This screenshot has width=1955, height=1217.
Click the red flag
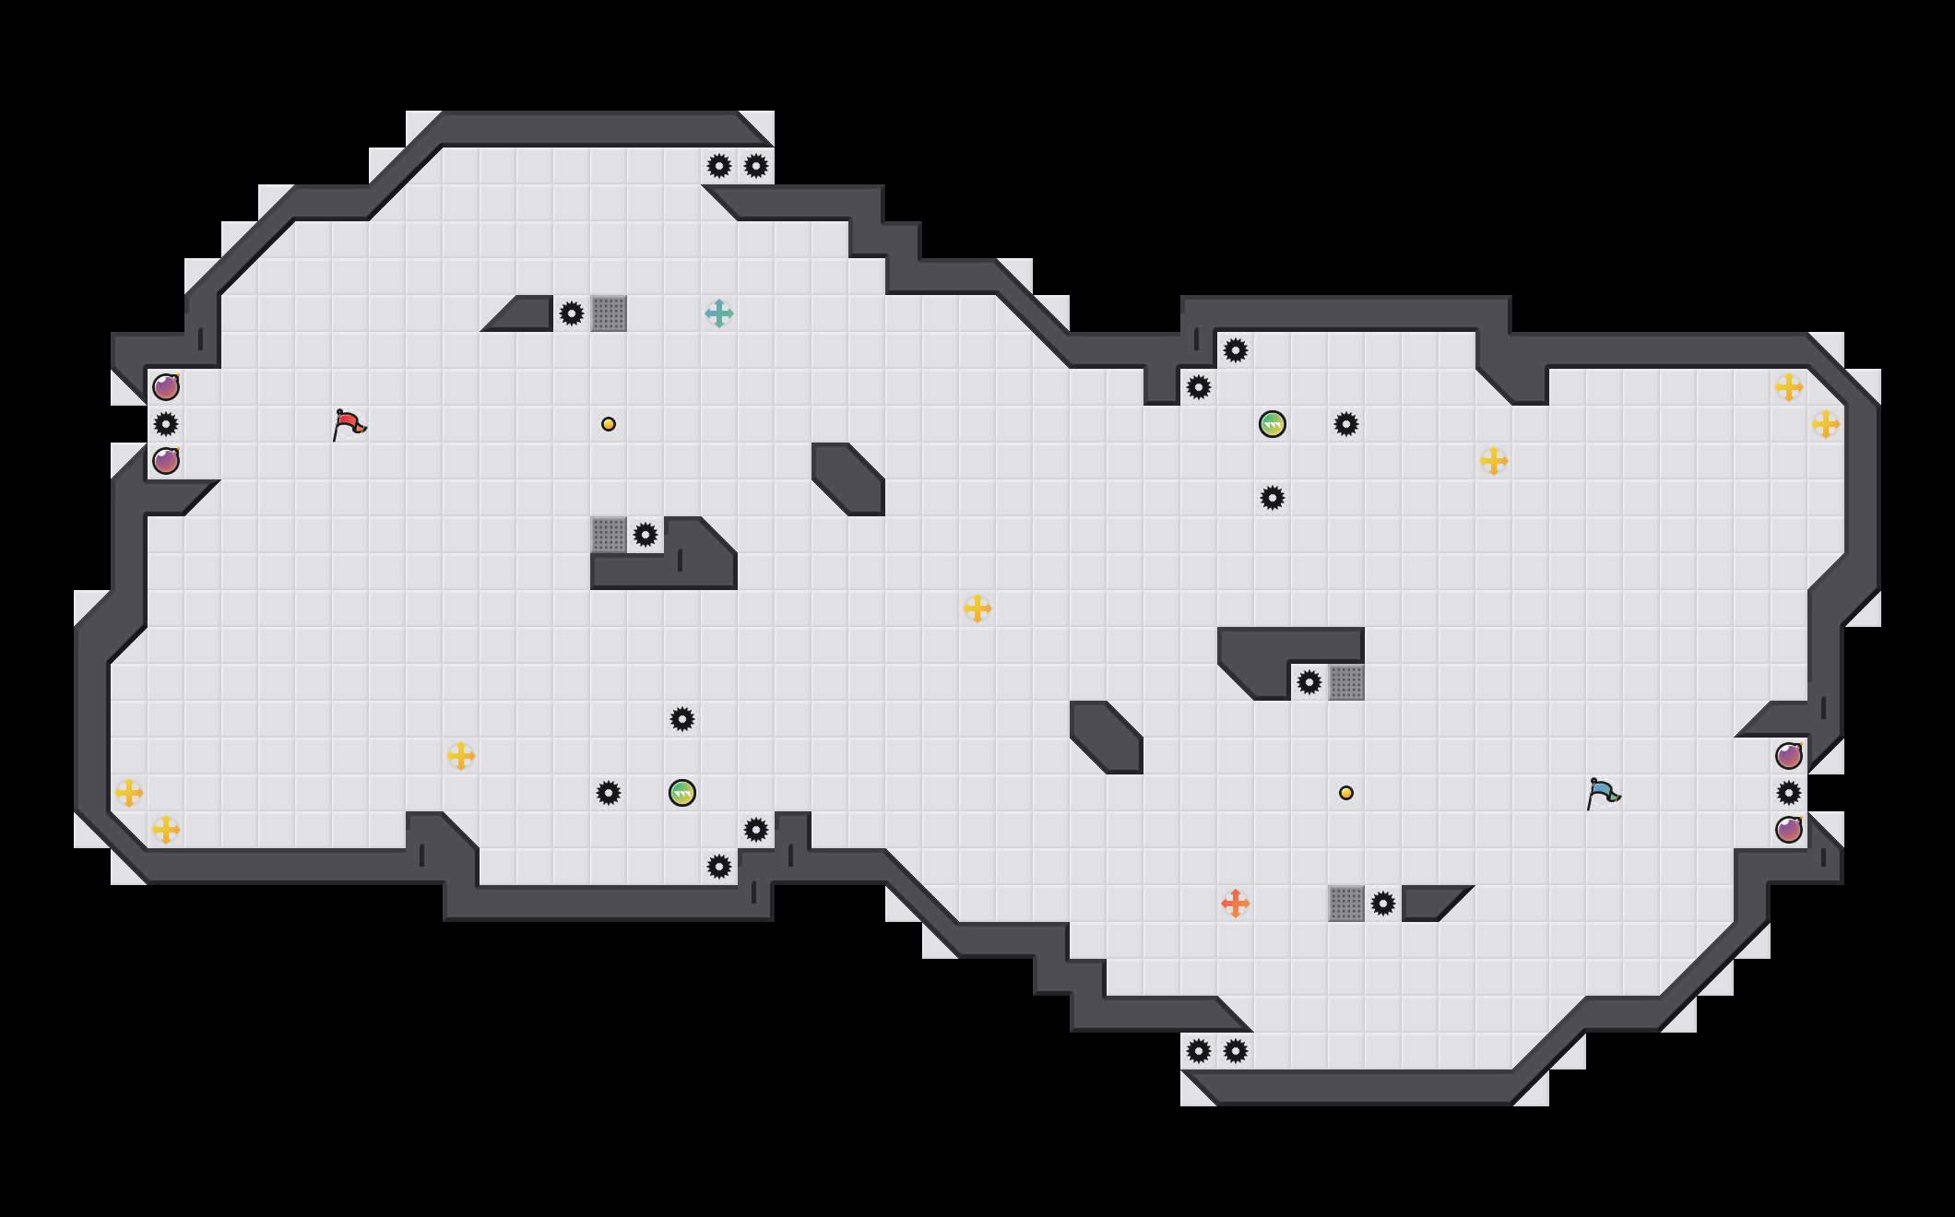(x=349, y=424)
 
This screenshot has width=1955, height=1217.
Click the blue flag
(x=1603, y=793)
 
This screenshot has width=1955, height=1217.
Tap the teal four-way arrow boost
(x=719, y=313)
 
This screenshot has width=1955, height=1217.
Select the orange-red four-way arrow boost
(x=1236, y=904)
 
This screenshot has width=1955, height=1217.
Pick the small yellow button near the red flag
(x=609, y=424)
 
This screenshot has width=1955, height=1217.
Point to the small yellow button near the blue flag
(x=1346, y=793)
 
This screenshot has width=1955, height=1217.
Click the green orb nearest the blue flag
(x=1273, y=424)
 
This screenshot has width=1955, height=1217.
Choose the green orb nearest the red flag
(x=682, y=793)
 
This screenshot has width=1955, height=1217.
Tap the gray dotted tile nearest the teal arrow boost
(x=609, y=313)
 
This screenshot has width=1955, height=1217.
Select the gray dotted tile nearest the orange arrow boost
(x=1346, y=904)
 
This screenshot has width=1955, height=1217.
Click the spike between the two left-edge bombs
(x=166, y=424)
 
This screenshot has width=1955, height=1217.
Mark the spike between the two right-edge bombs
(x=1789, y=793)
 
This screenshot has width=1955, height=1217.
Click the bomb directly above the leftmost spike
(x=166, y=387)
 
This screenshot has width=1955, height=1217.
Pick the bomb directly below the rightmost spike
(x=1789, y=830)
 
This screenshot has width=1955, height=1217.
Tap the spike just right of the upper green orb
(x=1346, y=424)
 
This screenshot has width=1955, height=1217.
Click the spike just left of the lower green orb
(x=609, y=793)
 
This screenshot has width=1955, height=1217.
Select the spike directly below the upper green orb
(x=1273, y=498)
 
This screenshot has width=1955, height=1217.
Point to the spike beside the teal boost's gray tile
(x=572, y=313)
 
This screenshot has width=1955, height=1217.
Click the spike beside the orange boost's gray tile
(x=1383, y=904)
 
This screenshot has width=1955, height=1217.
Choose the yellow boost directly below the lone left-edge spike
(x=166, y=830)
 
